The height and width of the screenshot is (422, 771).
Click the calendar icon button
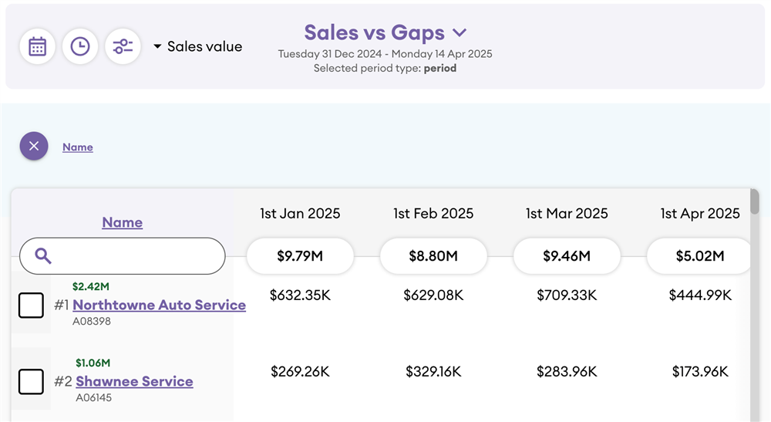(x=37, y=47)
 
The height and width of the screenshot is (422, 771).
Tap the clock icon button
(x=79, y=47)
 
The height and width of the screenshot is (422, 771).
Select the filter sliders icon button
(x=123, y=47)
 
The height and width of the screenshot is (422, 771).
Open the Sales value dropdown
(x=198, y=47)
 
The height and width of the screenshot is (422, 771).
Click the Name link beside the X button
(x=78, y=147)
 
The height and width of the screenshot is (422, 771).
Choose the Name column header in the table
(x=123, y=222)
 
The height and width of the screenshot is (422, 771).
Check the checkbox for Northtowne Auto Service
(x=31, y=306)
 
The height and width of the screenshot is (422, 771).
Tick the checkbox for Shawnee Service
(x=31, y=381)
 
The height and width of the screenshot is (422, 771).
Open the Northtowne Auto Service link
(x=159, y=305)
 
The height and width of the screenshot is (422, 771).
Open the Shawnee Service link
(x=134, y=381)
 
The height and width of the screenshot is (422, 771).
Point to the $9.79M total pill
(x=300, y=256)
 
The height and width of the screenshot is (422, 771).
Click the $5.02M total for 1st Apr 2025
(x=699, y=256)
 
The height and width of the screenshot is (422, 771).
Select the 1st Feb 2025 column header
(x=433, y=214)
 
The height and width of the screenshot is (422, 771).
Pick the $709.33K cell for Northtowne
(x=567, y=295)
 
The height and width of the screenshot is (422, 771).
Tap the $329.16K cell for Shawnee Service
(x=433, y=372)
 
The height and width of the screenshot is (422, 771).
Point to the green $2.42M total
(x=91, y=287)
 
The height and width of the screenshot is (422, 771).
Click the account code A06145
(x=94, y=398)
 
